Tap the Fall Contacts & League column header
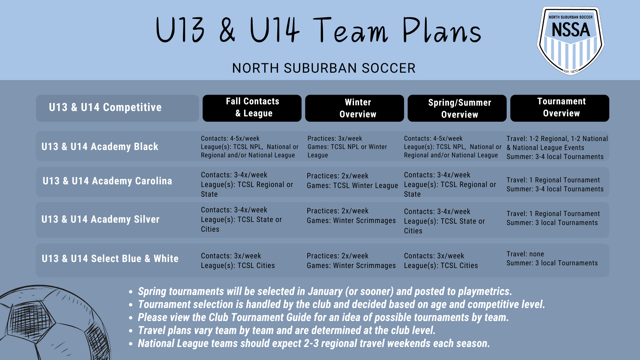(252, 108)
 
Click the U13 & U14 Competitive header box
(117, 108)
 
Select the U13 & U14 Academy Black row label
(100, 147)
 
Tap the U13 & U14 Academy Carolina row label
(107, 181)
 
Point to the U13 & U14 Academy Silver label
(101, 219)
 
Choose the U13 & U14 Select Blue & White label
(110, 259)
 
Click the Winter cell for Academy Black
(347, 147)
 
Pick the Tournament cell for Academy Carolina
(555, 184)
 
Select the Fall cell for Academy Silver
(241, 219)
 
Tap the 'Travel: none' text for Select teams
(525, 254)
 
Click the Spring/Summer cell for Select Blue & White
(441, 261)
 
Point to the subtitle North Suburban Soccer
(324, 68)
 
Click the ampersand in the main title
(227, 31)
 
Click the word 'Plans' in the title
(442, 31)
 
